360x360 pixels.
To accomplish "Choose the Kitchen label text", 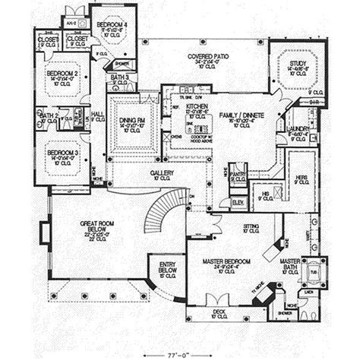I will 185,105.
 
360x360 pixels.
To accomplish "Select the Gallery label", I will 161,173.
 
